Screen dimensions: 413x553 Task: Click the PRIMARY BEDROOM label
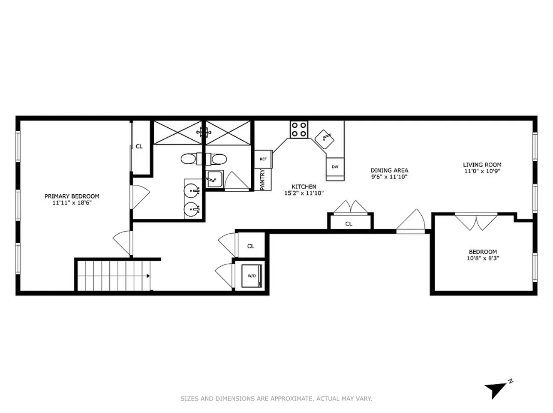pos(72,196)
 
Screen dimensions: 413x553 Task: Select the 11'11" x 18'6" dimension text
pos(72,203)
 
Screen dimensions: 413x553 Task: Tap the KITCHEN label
pos(304,187)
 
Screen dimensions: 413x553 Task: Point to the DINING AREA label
pos(389,170)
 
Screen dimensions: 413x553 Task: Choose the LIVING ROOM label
pos(482,165)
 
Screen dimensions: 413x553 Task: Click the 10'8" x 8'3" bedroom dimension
pos(483,258)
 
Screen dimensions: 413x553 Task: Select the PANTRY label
pos(262,180)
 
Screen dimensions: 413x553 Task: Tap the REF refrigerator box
pos(263,159)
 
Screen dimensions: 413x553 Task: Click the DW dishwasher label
pos(335,167)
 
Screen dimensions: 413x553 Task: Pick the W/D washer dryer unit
pos(251,275)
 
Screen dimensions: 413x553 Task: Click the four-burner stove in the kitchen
pos(299,129)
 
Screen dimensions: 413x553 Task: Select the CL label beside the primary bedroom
pos(139,146)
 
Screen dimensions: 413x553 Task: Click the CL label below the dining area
pos(349,224)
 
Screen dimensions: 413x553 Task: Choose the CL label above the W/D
pos(251,246)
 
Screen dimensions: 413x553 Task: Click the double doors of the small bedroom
pos(476,221)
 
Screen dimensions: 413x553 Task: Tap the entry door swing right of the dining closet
pos(412,222)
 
